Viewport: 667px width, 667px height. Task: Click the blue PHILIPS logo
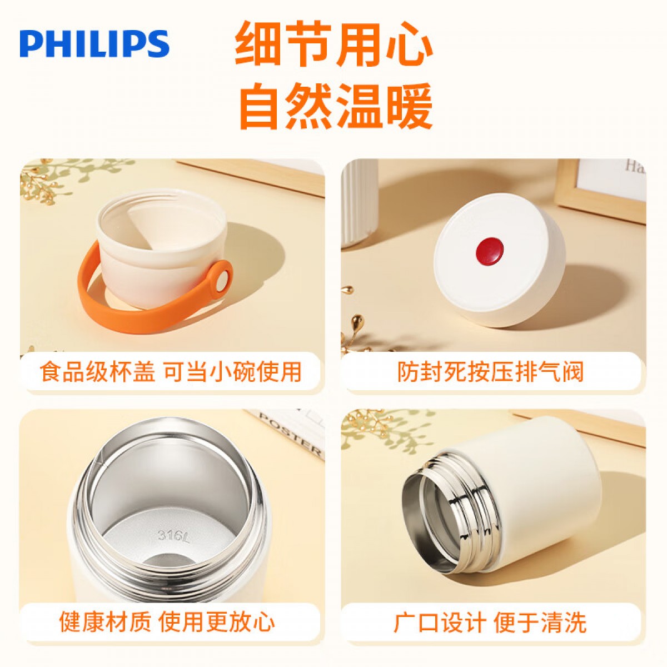(x=94, y=43)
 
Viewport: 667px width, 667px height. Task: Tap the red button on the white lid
(x=490, y=250)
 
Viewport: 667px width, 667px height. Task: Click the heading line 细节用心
(x=334, y=43)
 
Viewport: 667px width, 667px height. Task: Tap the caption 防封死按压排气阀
(x=490, y=372)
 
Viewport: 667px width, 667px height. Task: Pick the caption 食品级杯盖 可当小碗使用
(x=171, y=372)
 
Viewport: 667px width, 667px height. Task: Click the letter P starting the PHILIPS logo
(x=30, y=44)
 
